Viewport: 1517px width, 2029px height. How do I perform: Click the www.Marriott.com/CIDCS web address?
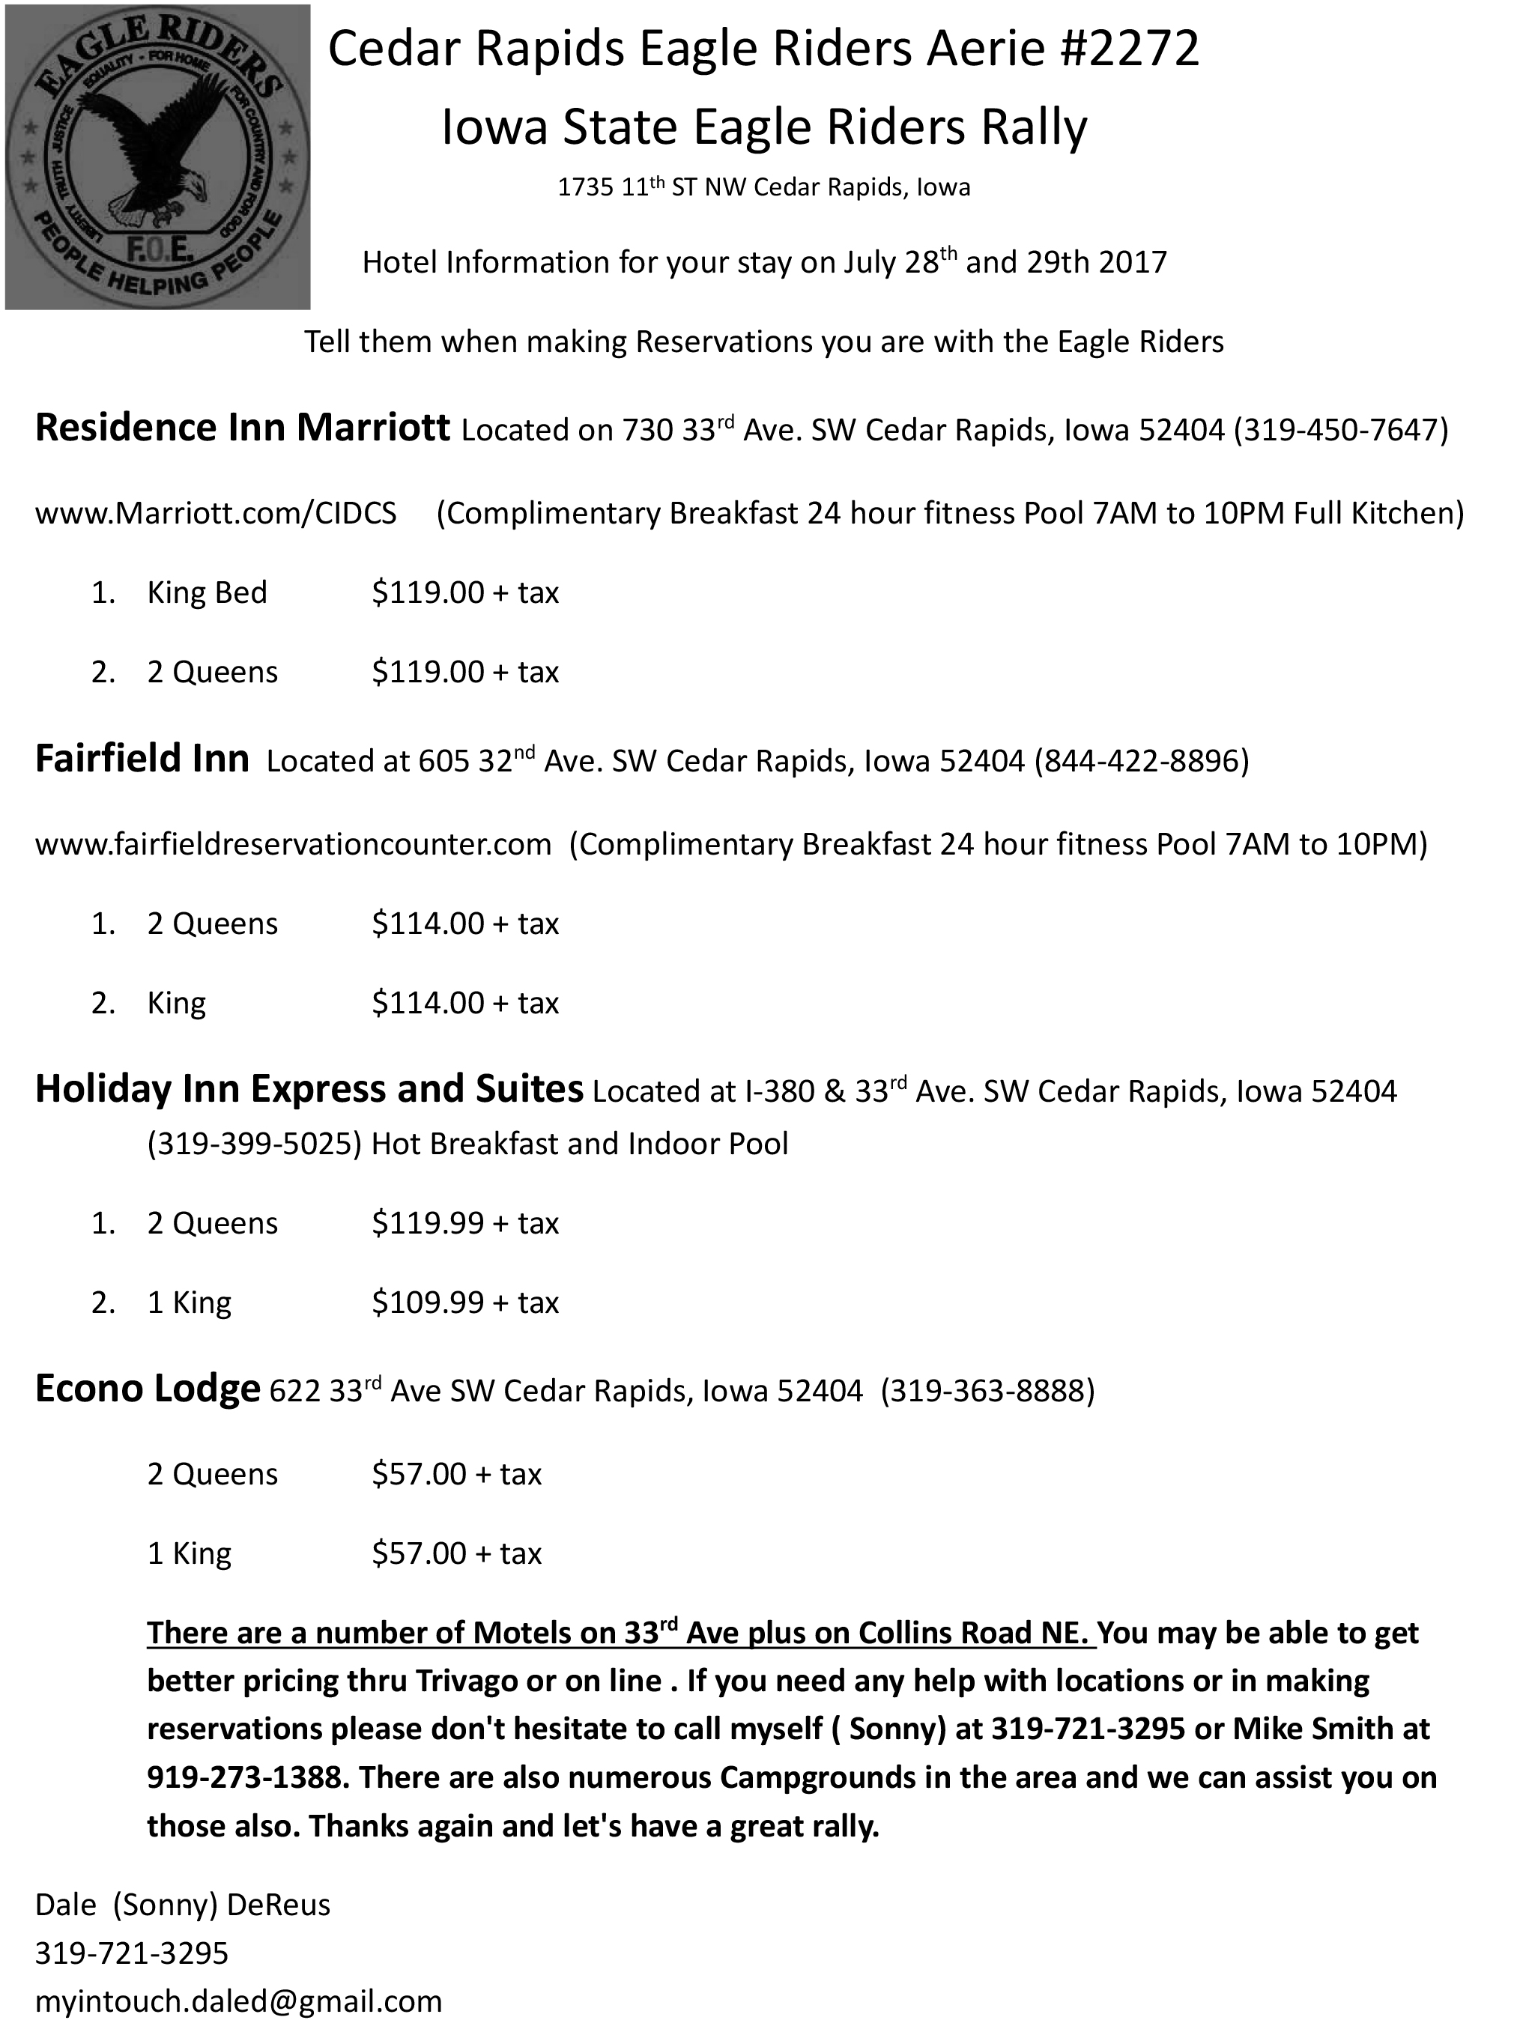click(216, 513)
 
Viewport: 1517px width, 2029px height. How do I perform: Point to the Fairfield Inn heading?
click(142, 759)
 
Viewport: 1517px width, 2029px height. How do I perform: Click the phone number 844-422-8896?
click(1142, 760)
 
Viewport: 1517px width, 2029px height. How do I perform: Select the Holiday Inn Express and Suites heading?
click(309, 1089)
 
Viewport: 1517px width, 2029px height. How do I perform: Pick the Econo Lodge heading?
click(147, 1389)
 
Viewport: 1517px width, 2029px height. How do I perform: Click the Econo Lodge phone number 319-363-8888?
click(987, 1391)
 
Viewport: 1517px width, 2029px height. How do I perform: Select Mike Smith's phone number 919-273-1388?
click(247, 1777)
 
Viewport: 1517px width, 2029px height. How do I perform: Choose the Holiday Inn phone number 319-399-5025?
click(254, 1144)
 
